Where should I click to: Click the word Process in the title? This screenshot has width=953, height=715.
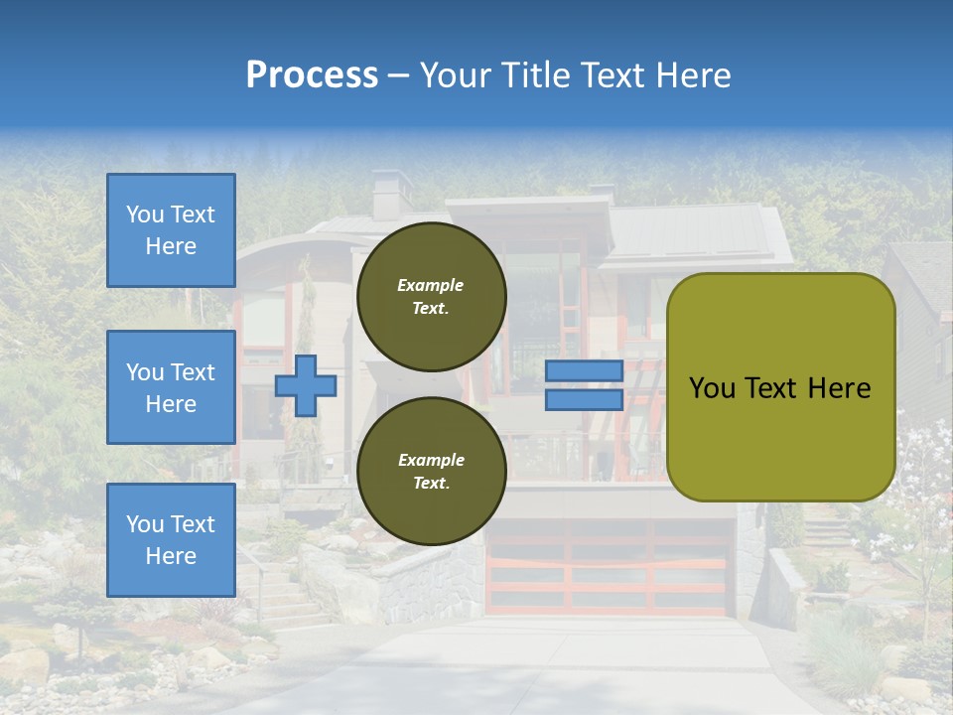(x=312, y=75)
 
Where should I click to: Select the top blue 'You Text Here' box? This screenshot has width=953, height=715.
(x=171, y=230)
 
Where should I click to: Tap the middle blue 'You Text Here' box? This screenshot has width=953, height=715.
(x=171, y=387)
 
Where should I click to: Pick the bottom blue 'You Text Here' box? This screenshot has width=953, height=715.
(x=171, y=540)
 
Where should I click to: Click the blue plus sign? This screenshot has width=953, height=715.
(x=306, y=385)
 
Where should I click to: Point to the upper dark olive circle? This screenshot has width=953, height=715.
(x=431, y=296)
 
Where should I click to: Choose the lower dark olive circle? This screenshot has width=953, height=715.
(x=431, y=471)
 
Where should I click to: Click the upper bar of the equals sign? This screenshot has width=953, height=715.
(x=584, y=371)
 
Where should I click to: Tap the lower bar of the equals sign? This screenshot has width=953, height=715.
(x=584, y=399)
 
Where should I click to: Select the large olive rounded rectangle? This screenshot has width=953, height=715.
(x=780, y=387)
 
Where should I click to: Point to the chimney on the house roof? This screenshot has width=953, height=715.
(x=391, y=194)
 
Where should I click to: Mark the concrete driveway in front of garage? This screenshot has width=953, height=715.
(x=556, y=665)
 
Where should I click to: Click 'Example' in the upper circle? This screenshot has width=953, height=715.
(x=431, y=285)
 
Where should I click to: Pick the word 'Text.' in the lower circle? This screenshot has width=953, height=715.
(x=431, y=484)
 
